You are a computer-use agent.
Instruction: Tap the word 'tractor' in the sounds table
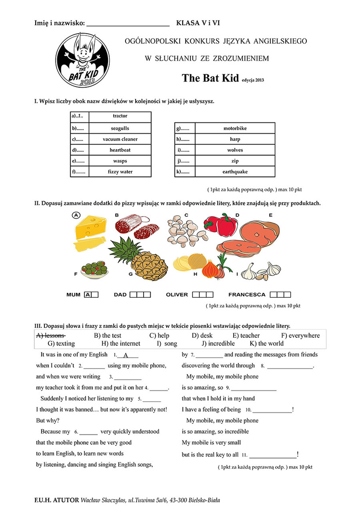click(120, 116)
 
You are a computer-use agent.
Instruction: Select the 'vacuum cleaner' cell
click(120, 139)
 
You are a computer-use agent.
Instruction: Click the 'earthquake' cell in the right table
click(235, 172)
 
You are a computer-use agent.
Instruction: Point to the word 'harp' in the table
click(235, 139)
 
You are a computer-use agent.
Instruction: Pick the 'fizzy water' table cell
click(120, 172)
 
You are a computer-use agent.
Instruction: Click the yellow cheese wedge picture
click(91, 231)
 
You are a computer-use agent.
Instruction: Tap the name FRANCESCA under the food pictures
click(247, 295)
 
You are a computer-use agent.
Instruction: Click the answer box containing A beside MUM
click(88, 295)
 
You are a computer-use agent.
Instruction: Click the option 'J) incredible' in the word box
click(218, 343)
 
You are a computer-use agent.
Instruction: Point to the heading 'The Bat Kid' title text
click(210, 78)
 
